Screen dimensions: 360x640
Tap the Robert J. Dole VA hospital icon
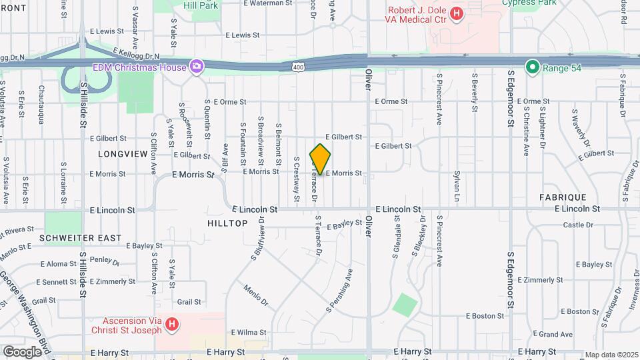pos(457,13)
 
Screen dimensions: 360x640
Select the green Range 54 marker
pos(532,67)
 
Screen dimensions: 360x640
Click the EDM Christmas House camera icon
pos(197,66)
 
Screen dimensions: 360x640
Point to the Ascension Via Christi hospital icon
pos(172,325)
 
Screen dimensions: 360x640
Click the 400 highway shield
pos(298,67)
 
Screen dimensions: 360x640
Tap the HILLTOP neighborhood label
pos(227,223)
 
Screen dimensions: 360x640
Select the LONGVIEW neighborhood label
pos(123,154)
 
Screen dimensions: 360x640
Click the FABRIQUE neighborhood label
pos(563,197)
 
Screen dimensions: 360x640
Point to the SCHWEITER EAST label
pos(80,238)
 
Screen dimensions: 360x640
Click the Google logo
pos(22,351)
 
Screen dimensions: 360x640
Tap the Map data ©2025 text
pos(611,355)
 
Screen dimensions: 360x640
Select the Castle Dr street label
pos(577,225)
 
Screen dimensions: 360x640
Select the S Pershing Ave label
pos(339,290)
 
